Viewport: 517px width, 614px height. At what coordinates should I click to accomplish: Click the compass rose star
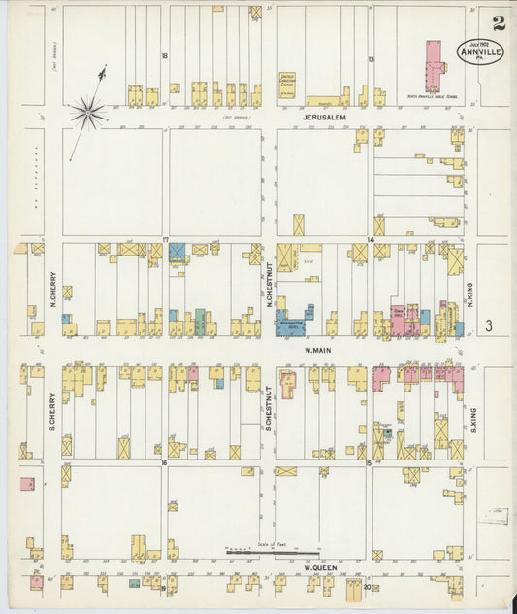(87, 113)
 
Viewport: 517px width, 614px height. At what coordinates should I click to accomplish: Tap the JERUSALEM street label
(324, 117)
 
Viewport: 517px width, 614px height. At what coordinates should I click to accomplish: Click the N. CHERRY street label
(54, 287)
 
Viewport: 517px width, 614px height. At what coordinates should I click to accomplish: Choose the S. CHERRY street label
(54, 410)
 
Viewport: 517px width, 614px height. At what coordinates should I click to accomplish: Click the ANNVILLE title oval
(480, 51)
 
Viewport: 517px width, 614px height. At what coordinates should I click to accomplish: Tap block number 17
(166, 239)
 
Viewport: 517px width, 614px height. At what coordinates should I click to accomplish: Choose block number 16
(166, 463)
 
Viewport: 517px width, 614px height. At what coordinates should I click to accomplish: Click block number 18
(166, 55)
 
